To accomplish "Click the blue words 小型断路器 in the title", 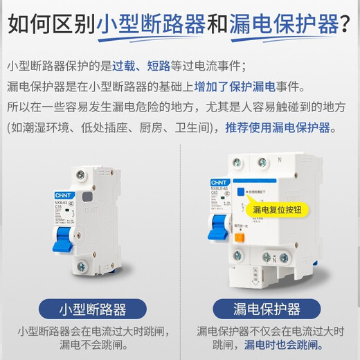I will (152, 25).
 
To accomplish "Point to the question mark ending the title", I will (347, 25).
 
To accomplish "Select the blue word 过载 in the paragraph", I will (138, 66).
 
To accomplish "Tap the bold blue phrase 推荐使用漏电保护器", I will (289, 128).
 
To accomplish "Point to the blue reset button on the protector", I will (239, 189).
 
